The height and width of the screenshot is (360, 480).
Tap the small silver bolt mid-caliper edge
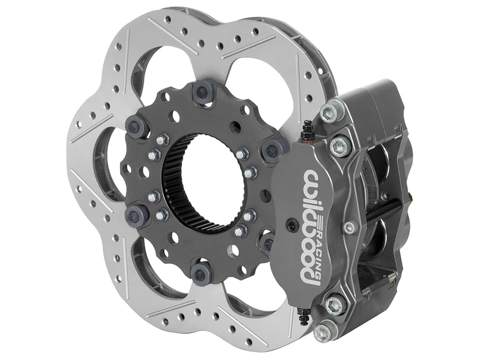pos(350,227)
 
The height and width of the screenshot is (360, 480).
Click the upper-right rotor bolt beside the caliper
pos(272,149)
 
